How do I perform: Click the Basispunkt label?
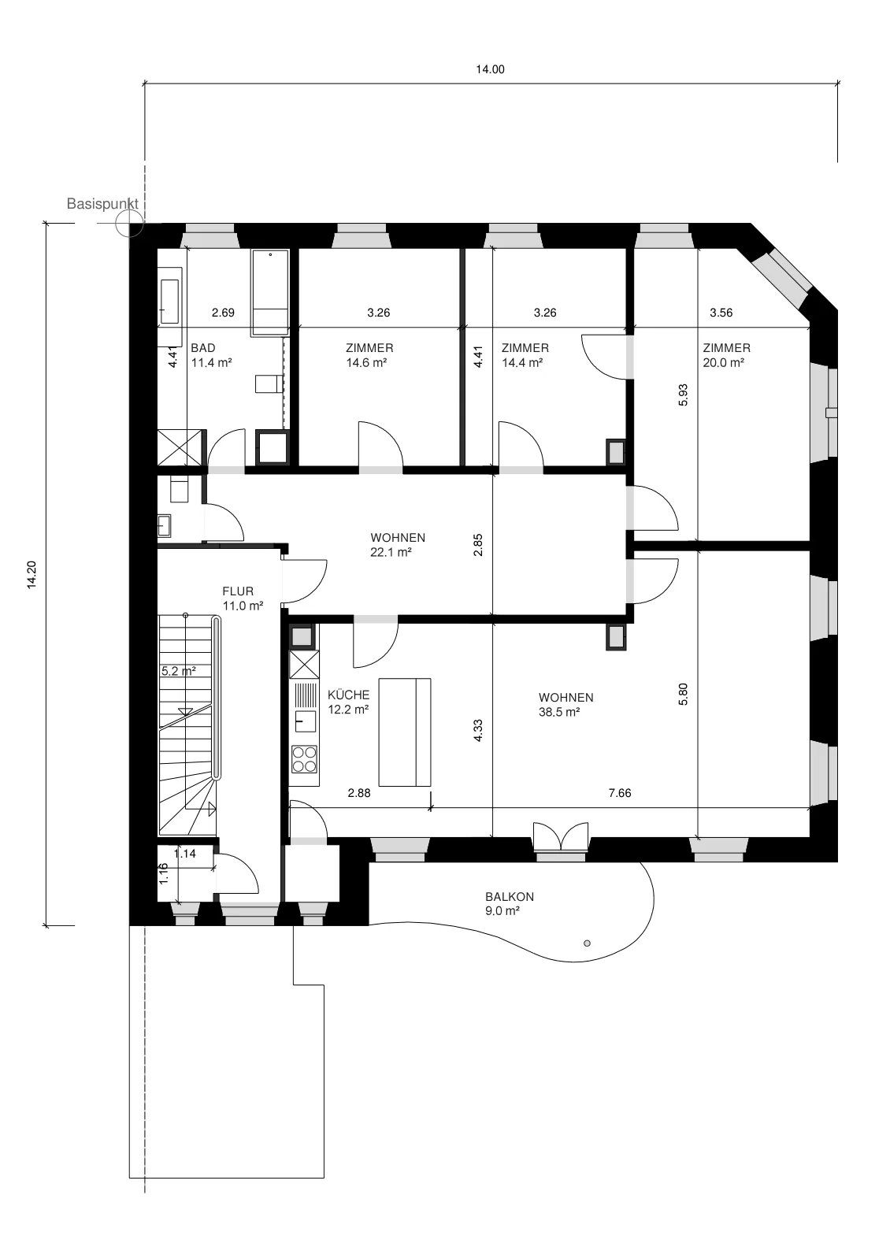pyautogui.click(x=102, y=204)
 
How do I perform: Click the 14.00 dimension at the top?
pyautogui.click(x=490, y=70)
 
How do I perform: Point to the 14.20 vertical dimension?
pyautogui.click(x=32, y=574)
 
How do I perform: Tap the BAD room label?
pyautogui.click(x=203, y=348)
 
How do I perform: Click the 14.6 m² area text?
pyautogui.click(x=366, y=363)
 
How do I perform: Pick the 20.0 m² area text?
pyautogui.click(x=724, y=363)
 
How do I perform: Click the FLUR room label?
pyautogui.click(x=238, y=591)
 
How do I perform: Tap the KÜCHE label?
pyautogui.click(x=349, y=695)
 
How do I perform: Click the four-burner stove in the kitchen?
pyautogui.click(x=304, y=759)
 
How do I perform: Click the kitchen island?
pyautogui.click(x=405, y=732)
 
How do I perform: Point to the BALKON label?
pyautogui.click(x=510, y=897)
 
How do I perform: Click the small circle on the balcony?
pyautogui.click(x=588, y=943)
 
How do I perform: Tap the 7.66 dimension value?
pyautogui.click(x=620, y=793)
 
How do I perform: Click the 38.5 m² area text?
pyautogui.click(x=559, y=712)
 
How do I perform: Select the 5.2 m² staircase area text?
pyautogui.click(x=179, y=671)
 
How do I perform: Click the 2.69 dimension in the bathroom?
pyautogui.click(x=223, y=313)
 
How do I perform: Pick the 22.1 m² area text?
pyautogui.click(x=391, y=552)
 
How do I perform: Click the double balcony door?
pyautogui.click(x=561, y=836)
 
